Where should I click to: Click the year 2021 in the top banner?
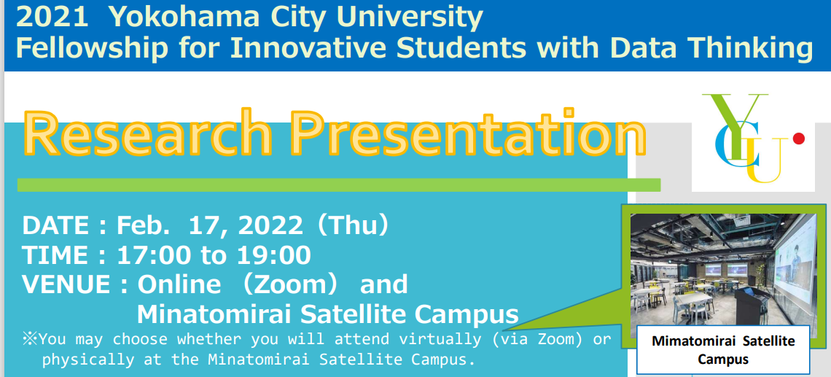point(52,17)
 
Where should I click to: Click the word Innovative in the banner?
point(309,47)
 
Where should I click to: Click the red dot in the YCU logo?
point(798,139)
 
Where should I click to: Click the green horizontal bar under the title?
point(339,184)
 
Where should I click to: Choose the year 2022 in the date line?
point(271,226)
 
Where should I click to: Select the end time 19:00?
point(273,256)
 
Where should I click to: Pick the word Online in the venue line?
point(179,285)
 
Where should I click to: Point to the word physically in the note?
point(88,359)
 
